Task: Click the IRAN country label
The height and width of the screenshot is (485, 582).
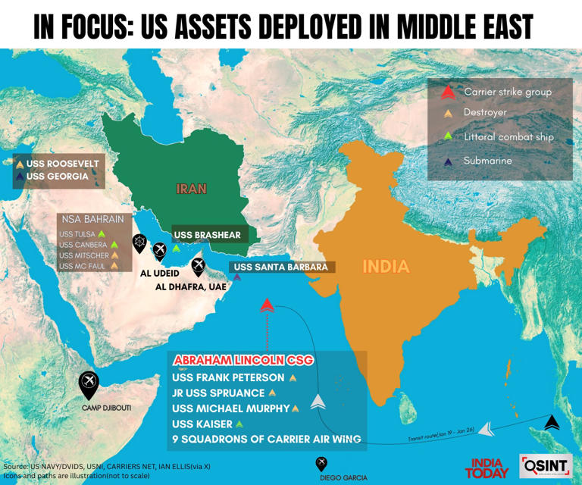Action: point(191,188)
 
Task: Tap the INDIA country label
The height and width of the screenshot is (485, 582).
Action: point(385,267)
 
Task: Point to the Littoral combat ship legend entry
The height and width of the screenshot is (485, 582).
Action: point(508,137)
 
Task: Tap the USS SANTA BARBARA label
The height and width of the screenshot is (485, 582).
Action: point(280,267)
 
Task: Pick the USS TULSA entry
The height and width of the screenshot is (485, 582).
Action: point(77,233)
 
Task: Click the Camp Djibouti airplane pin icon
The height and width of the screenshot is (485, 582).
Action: point(89,383)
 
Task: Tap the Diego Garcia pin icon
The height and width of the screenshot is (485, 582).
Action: point(321,464)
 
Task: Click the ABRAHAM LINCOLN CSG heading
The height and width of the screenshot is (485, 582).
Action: point(242,359)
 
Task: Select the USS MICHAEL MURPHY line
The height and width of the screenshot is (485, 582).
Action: point(231,408)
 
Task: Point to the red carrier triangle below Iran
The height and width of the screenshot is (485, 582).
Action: point(267,305)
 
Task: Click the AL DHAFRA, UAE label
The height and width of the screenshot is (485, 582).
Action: point(191,287)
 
